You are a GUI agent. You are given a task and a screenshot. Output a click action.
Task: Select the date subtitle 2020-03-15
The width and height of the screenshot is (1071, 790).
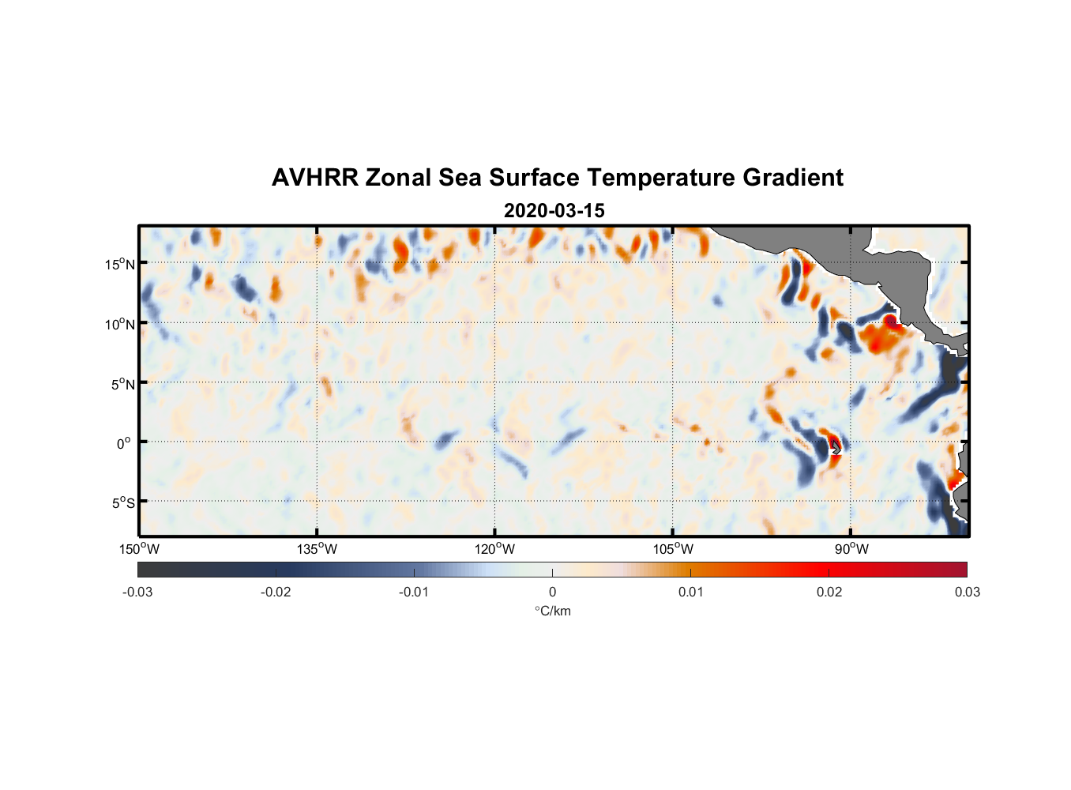tap(554, 211)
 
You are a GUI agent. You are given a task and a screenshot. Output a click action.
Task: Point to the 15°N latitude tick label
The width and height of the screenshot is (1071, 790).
tap(120, 264)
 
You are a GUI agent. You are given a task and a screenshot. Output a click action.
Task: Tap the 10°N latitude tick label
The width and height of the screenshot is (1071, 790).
tap(120, 324)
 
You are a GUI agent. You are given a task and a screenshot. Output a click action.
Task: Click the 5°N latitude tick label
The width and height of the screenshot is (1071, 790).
tap(122, 384)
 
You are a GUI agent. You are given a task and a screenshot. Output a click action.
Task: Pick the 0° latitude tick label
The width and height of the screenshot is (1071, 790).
tap(124, 443)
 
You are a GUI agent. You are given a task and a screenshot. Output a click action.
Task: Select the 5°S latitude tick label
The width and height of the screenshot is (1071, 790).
tap(122, 503)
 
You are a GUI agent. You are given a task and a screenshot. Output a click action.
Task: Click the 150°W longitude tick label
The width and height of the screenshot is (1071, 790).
tap(140, 549)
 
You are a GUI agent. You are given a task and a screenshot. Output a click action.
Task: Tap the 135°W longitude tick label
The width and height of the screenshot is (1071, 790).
tap(318, 549)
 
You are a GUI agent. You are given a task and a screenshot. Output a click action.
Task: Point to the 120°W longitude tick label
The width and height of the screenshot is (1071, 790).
tap(495, 549)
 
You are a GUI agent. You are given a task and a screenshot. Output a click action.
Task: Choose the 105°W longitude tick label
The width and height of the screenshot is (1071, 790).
tap(673, 549)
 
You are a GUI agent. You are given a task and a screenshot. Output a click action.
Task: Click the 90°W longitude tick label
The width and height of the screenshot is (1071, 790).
tap(851, 549)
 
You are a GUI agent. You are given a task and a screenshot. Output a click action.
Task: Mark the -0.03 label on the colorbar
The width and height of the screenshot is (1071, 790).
tap(137, 592)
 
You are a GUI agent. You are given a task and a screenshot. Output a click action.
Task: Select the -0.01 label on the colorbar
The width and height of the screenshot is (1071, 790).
tap(414, 592)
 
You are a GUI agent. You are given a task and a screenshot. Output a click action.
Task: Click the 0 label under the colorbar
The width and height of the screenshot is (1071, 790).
tap(552, 592)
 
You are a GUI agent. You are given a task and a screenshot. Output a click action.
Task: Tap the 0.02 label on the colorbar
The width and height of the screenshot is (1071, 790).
tap(829, 592)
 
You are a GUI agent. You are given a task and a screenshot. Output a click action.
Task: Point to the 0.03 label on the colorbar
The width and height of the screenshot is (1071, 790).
tap(967, 592)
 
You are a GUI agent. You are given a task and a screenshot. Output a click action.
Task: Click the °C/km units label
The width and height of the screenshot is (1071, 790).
tap(553, 611)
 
